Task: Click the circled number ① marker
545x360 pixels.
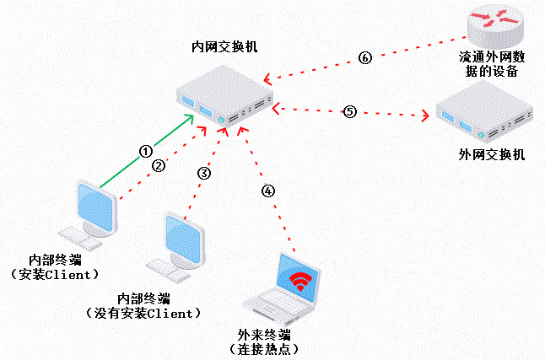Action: (x=145, y=151)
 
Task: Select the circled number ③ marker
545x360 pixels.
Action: (x=203, y=173)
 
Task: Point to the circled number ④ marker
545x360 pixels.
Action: (x=268, y=191)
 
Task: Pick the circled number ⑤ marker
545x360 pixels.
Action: (x=350, y=111)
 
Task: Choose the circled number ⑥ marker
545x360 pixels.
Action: (x=364, y=58)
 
